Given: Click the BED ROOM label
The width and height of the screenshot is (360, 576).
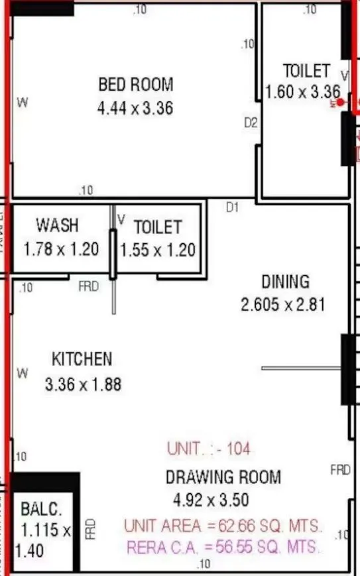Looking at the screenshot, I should [135, 85].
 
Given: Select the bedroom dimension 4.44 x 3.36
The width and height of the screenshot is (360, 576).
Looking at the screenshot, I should [135, 107].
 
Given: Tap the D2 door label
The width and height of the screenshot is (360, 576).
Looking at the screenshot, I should [251, 123].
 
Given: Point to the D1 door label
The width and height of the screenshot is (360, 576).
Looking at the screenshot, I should [232, 208].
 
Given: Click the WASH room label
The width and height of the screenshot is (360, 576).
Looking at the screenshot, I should [57, 225].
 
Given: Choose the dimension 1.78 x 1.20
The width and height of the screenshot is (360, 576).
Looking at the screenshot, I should [61, 249].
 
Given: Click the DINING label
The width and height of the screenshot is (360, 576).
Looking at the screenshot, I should [285, 282].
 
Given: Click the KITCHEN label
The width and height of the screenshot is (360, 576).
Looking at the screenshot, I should [82, 359].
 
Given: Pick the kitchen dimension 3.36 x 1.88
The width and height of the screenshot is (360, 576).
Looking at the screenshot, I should [83, 383].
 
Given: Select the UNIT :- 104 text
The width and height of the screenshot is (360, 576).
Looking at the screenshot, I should [209, 449].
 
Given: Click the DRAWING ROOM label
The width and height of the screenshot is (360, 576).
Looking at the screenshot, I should [223, 477].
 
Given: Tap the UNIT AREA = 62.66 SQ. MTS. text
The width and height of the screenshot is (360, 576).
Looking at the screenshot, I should [223, 526].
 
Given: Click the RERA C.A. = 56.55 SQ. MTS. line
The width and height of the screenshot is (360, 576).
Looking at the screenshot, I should [223, 547].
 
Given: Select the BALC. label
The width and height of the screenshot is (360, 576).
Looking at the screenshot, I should [40, 510].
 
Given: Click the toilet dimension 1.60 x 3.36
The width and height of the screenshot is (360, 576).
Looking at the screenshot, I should [303, 92].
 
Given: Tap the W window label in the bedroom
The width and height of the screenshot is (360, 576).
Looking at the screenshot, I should [23, 103].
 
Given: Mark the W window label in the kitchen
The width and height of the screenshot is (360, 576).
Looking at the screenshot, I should [23, 374].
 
